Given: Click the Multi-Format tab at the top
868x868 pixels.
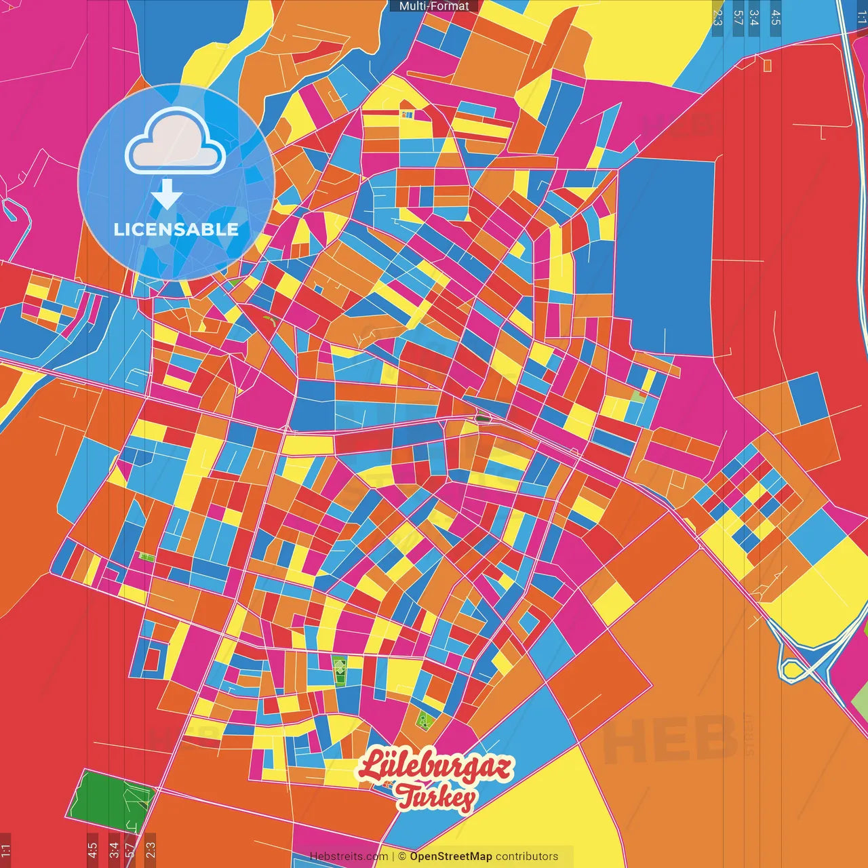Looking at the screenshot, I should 434,6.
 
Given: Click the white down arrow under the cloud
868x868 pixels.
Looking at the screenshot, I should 167,195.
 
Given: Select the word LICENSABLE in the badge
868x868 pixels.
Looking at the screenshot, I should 176,229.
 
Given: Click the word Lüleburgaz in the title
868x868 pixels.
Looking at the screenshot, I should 435,767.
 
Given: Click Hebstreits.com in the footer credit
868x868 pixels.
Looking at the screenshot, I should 349,856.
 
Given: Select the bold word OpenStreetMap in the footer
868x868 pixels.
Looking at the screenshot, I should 451,856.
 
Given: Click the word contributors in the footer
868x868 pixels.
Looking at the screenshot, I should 526,856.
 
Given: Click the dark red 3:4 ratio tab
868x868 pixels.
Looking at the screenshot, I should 113,850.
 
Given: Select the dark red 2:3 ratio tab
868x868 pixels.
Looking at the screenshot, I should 150,850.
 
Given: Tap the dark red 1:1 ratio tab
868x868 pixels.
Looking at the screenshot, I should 5,850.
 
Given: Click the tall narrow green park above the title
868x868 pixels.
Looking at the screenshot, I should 339,669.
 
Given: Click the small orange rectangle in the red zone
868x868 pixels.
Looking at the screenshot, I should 768,65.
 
